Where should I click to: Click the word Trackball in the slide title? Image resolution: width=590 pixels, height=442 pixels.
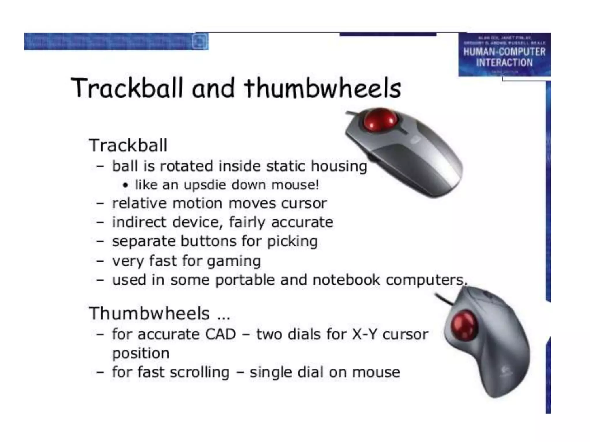(127, 88)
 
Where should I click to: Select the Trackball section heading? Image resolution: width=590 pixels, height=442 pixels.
(128, 145)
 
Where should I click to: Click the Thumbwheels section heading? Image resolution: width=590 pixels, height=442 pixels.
(149, 313)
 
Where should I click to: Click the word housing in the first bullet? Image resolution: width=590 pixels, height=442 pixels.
(339, 166)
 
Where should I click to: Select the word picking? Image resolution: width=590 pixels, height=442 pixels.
(292, 241)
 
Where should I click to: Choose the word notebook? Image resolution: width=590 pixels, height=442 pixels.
(346, 280)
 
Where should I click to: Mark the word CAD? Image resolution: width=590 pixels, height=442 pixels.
(220, 334)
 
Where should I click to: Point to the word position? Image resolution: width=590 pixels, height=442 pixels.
(141, 353)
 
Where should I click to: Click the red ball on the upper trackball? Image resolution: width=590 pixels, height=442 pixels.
(379, 120)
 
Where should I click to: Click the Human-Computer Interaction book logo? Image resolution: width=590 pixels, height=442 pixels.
(504, 55)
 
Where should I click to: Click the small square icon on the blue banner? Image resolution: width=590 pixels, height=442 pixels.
(200, 41)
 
